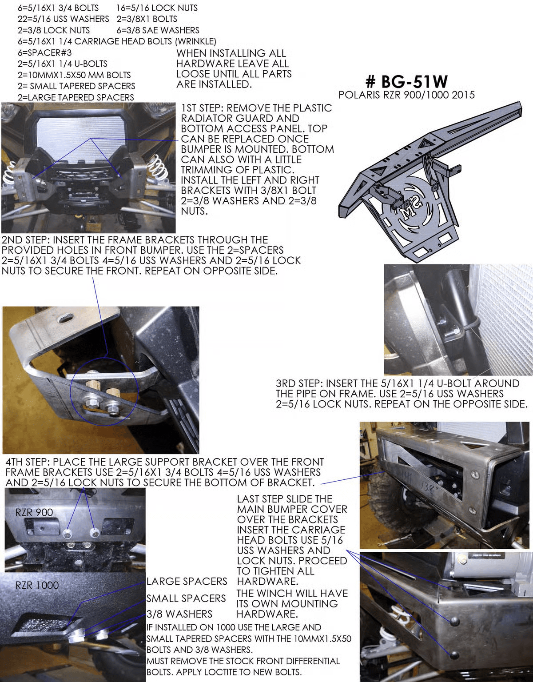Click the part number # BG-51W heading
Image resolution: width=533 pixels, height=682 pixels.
pyautogui.click(x=406, y=81)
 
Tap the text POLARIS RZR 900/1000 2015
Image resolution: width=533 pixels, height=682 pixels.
pyautogui.click(x=406, y=95)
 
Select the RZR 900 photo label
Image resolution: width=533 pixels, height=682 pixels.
pyautogui.click(x=34, y=512)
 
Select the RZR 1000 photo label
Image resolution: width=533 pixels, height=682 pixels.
pyautogui.click(x=37, y=585)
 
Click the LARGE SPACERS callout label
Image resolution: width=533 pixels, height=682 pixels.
pyautogui.click(x=187, y=581)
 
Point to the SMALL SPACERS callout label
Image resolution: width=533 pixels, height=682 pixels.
pyautogui.click(x=186, y=598)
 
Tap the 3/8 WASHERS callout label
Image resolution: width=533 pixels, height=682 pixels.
pyautogui.click(x=179, y=614)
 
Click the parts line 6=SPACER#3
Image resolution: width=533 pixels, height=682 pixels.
pyautogui.click(x=44, y=52)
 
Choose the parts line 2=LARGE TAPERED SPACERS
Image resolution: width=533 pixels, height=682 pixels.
pyautogui.click(x=76, y=97)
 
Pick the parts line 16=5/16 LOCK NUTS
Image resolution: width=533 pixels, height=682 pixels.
pyautogui.click(x=157, y=8)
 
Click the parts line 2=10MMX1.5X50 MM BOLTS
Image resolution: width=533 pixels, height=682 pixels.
pyautogui.click(x=74, y=75)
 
